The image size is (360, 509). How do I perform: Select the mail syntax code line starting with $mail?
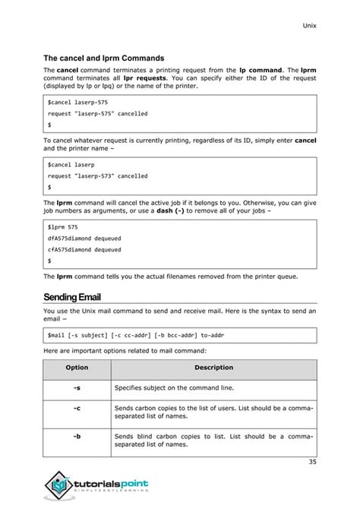(135, 334)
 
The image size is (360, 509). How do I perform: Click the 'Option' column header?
(77, 368)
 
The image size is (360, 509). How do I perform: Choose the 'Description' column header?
(213, 368)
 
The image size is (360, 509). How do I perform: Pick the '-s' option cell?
(77, 387)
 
